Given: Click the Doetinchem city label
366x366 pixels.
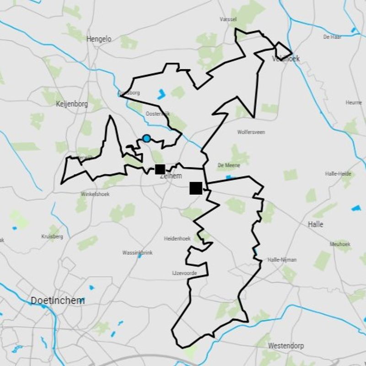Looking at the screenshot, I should click(x=58, y=301).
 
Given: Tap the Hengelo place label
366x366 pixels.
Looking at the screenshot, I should click(x=99, y=39).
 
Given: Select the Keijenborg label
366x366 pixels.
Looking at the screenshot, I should click(x=71, y=104).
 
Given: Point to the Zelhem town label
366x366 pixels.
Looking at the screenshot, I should click(x=171, y=176).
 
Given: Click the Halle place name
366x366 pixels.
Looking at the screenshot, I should click(x=316, y=224).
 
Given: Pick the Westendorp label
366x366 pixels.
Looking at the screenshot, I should click(x=286, y=345).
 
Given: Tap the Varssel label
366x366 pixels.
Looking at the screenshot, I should click(x=227, y=20).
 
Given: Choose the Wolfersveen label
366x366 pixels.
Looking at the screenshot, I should click(x=251, y=132).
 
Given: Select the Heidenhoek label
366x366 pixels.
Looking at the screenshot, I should click(x=177, y=239).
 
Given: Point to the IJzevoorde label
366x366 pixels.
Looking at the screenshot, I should click(x=184, y=273).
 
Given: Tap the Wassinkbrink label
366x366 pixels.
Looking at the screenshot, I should click(x=137, y=253).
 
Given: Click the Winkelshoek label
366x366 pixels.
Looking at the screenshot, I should click(x=95, y=194).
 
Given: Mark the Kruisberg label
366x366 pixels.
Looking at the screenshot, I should click(x=52, y=237).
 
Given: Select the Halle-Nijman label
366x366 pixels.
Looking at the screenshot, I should click(x=282, y=260).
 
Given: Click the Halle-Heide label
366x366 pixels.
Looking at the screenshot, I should click(x=338, y=174).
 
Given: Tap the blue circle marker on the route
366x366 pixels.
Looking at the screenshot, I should click(x=146, y=138).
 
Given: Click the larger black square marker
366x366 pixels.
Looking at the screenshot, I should click(x=196, y=188).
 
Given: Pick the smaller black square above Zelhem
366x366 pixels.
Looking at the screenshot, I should click(x=160, y=169).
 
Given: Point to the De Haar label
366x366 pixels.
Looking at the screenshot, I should click(x=333, y=37).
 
